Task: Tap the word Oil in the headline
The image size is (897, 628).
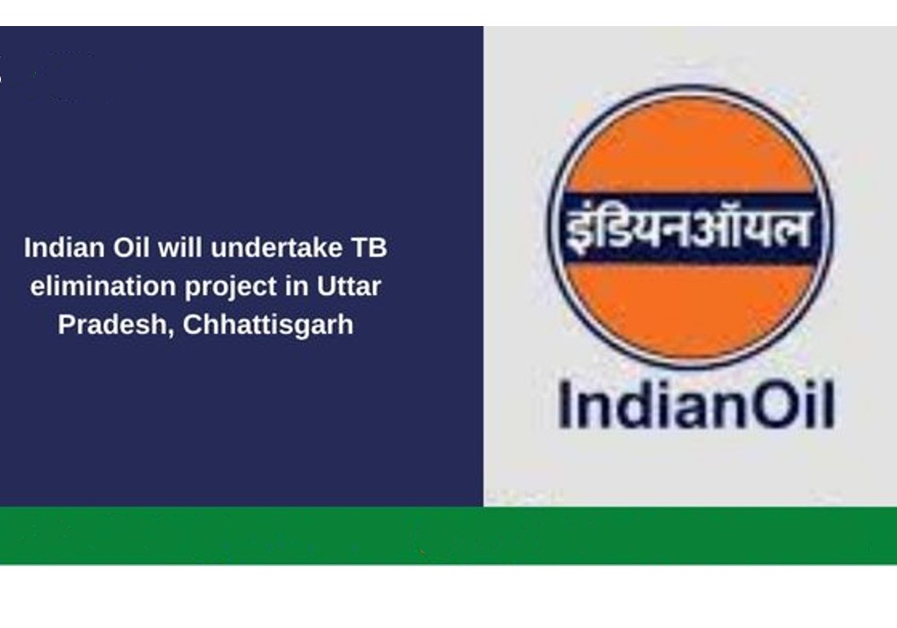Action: (x=131, y=249)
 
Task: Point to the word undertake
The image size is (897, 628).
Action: (x=276, y=249)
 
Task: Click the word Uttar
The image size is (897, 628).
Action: (x=349, y=286)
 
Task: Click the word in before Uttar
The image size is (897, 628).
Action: (x=297, y=286)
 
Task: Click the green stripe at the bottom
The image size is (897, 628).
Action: (x=448, y=536)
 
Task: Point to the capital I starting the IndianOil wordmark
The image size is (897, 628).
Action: (x=564, y=405)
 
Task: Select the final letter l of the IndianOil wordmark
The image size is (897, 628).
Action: (x=829, y=405)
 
